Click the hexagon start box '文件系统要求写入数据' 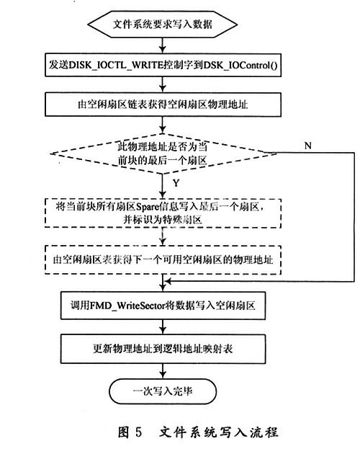click(x=162, y=25)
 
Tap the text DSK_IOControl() click(x=240, y=66)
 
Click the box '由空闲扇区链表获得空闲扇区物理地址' click(x=163, y=105)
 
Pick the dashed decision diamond click(x=163, y=154)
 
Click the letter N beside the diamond click(x=308, y=146)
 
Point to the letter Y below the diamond click(x=176, y=183)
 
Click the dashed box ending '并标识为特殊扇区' click(x=163, y=213)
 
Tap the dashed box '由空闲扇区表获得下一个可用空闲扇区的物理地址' click(x=163, y=259)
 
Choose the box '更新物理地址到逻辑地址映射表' click(x=163, y=349)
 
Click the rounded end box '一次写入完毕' click(x=163, y=391)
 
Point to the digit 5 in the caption click(x=138, y=432)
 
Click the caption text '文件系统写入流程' click(x=219, y=432)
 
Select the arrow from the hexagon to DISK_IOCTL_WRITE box click(x=163, y=45)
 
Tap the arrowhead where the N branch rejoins click(x=168, y=282)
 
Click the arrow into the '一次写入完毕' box click(x=163, y=371)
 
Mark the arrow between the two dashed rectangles click(x=163, y=237)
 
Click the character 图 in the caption click(x=124, y=432)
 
